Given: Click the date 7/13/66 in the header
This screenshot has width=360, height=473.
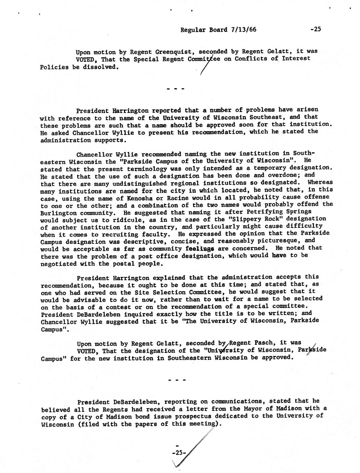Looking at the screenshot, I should click(243, 29).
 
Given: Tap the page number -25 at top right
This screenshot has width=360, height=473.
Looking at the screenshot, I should click(314, 29).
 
